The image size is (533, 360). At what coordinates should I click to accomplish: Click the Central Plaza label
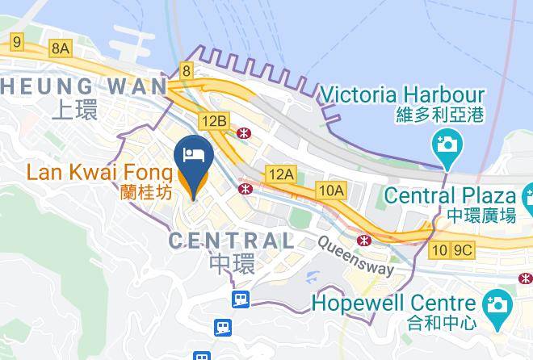pos(449,195)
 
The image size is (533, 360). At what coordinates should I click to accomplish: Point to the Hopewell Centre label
pos(393,304)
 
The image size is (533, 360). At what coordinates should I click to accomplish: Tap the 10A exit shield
pos(331,190)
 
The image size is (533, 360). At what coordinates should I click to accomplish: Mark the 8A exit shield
pos(61,48)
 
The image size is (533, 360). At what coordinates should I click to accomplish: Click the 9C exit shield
pos(462,249)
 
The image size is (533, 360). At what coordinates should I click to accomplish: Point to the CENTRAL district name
pos(231,240)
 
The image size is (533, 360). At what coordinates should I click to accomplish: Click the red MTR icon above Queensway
pos(366,240)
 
